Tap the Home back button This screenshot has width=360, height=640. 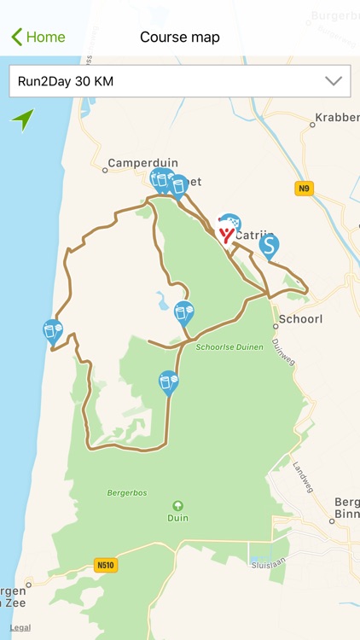(38, 37)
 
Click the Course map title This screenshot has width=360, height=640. (180, 37)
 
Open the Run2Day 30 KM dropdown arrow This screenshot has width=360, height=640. (334, 81)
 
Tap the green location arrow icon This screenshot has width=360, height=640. (22, 119)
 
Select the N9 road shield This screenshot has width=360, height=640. (305, 189)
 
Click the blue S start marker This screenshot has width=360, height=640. (269, 246)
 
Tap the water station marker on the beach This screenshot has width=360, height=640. (52, 330)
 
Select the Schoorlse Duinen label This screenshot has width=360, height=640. (223, 348)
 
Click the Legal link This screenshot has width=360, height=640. (20, 627)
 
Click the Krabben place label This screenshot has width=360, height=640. (337, 117)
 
